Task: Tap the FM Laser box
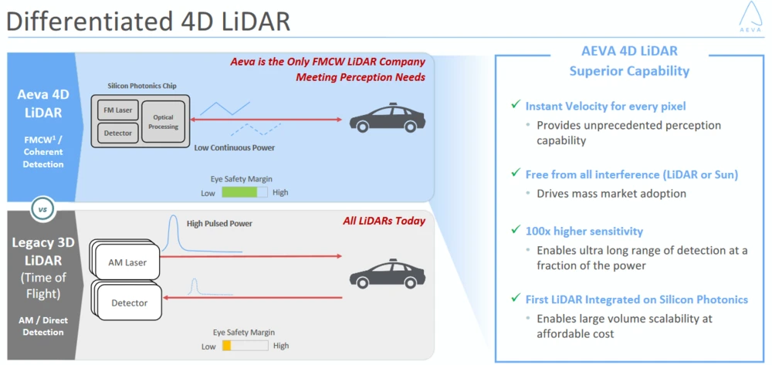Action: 117,110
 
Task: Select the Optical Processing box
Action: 163,123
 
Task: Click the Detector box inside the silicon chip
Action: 117,133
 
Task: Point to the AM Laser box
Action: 127,262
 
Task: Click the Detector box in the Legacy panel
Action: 129,302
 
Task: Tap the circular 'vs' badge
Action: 42,208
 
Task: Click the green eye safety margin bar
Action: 239,192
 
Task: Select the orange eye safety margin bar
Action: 227,346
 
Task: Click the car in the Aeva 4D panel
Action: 387,119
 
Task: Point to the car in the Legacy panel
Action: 387,273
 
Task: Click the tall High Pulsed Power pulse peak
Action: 173,233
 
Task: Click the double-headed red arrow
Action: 266,120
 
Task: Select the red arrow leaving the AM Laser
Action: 251,255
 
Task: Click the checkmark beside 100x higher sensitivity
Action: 516,230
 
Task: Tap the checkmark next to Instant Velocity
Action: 516,105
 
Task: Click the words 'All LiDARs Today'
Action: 384,221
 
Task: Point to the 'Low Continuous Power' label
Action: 235,147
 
